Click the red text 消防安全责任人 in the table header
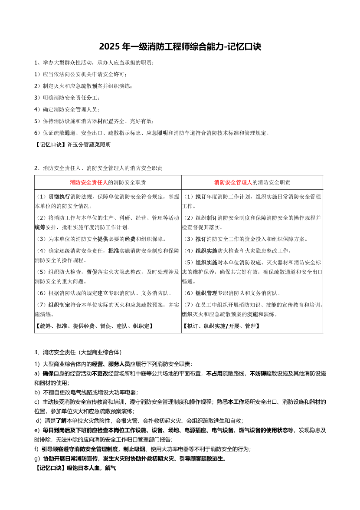click(89, 182)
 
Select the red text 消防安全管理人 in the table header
click(233, 182)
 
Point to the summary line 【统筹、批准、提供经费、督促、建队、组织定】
click(94, 326)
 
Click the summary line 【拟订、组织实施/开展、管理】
click(221, 326)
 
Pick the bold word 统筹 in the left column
click(40, 227)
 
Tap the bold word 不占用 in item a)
click(215, 373)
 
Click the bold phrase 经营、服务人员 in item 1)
click(111, 364)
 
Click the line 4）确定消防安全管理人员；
click(67, 109)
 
